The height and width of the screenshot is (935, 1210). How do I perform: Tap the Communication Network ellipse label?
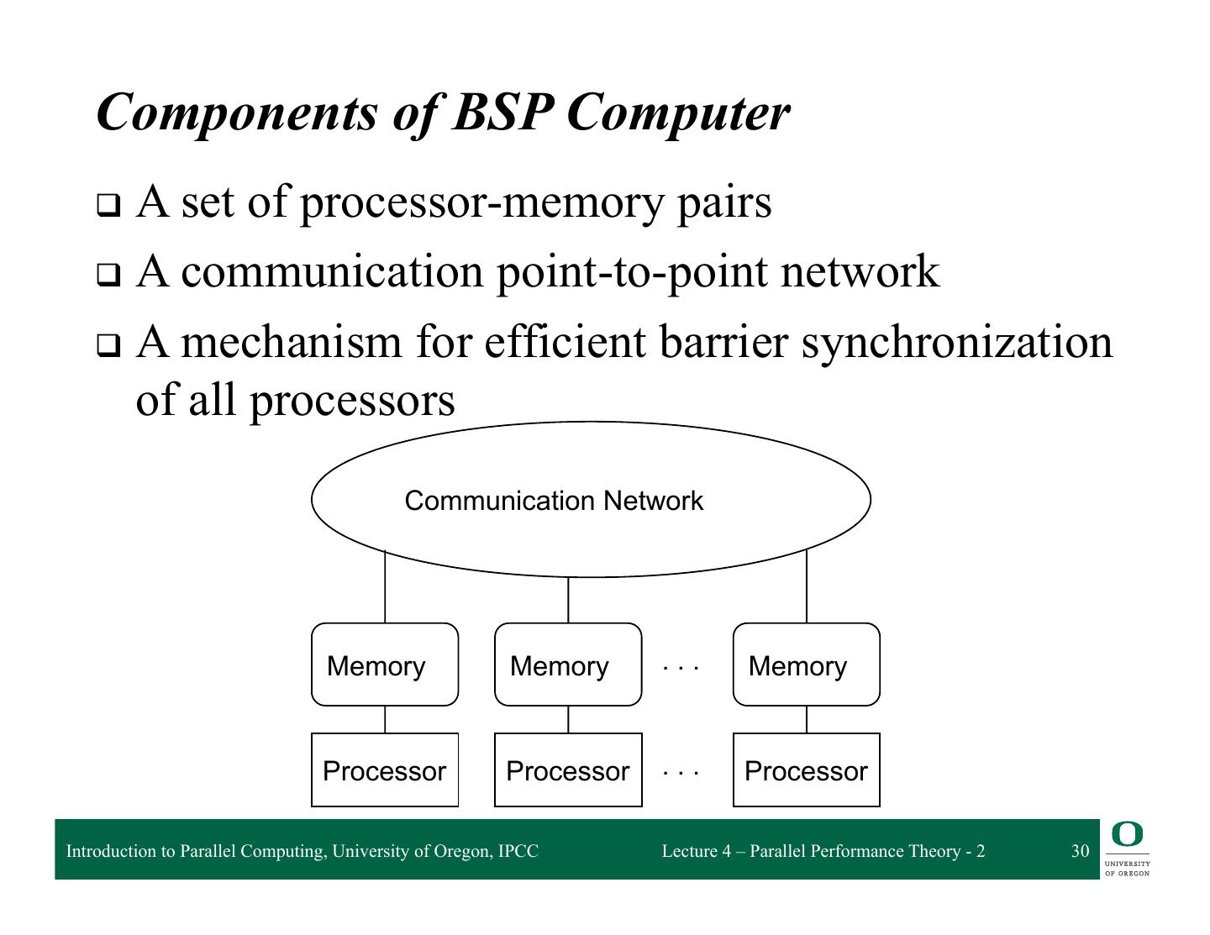tap(554, 501)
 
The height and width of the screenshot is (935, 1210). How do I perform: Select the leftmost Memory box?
tap(385, 664)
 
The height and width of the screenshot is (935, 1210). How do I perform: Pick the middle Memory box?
tap(568, 664)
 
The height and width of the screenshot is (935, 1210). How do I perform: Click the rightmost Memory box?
tap(807, 664)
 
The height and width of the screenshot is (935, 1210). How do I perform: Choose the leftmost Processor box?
tap(385, 770)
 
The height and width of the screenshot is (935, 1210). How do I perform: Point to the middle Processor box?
tap(568, 770)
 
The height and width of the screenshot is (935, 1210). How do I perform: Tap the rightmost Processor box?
tap(807, 770)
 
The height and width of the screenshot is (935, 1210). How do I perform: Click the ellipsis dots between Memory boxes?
tap(681, 669)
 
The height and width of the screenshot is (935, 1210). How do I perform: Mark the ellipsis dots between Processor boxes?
tap(681, 771)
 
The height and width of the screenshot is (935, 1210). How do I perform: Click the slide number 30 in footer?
tap(1080, 851)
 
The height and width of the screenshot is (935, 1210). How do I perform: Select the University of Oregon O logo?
tap(1127, 835)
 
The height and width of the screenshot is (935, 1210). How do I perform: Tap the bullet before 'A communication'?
tap(108, 276)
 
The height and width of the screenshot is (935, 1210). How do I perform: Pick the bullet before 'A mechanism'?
tap(108, 345)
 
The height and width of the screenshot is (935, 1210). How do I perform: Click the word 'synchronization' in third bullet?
tap(957, 343)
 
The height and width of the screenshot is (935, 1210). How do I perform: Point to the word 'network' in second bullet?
tap(860, 272)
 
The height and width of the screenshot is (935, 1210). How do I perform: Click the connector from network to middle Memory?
tap(568, 600)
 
